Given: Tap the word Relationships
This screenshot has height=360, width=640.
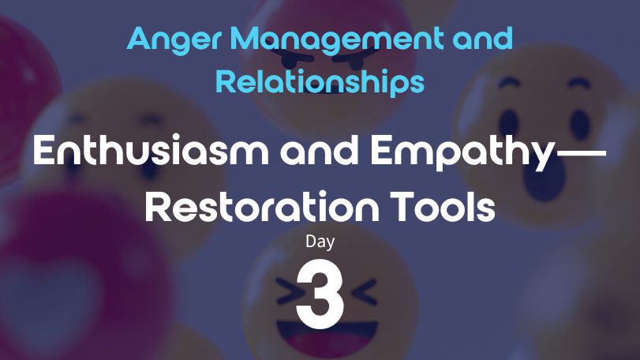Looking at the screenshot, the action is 320,81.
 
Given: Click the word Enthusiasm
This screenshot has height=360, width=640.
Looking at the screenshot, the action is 151,150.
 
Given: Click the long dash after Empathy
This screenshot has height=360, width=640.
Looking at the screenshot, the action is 580,153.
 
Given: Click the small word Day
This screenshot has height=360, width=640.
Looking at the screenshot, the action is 320,242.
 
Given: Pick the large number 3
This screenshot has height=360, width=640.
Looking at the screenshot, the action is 320,294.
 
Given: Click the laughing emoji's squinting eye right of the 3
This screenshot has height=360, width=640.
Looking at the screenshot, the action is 364,292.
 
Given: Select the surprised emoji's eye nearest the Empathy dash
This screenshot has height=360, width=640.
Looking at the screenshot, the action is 508,123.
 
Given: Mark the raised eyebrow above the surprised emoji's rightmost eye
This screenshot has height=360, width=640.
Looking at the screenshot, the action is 579,83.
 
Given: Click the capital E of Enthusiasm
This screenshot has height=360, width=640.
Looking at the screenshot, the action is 43,150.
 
